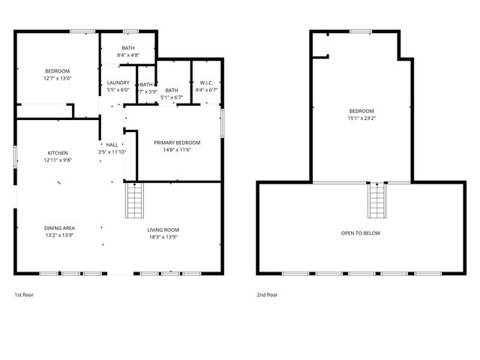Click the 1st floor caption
[24, 295]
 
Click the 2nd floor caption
[267, 295]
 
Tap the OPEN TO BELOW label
[361, 233]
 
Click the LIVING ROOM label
[163, 229]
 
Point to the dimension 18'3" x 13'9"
[163, 237]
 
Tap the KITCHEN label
[58, 152]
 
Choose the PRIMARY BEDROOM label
[177, 142]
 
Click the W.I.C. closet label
[205, 82]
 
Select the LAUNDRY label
[118, 82]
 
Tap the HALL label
[112, 145]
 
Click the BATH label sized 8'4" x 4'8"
[129, 48]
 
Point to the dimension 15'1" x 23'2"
[361, 118]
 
